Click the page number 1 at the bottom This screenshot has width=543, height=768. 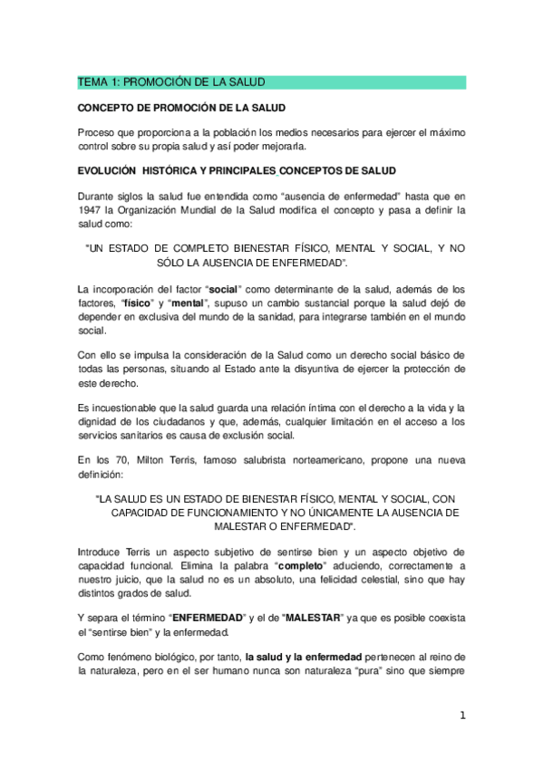click(x=462, y=715)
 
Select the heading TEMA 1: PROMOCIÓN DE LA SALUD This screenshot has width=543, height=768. click(x=163, y=82)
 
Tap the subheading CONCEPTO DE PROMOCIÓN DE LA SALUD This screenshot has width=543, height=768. click(x=181, y=107)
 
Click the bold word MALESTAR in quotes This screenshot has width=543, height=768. click(x=313, y=617)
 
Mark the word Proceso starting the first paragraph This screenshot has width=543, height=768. click(x=97, y=132)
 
